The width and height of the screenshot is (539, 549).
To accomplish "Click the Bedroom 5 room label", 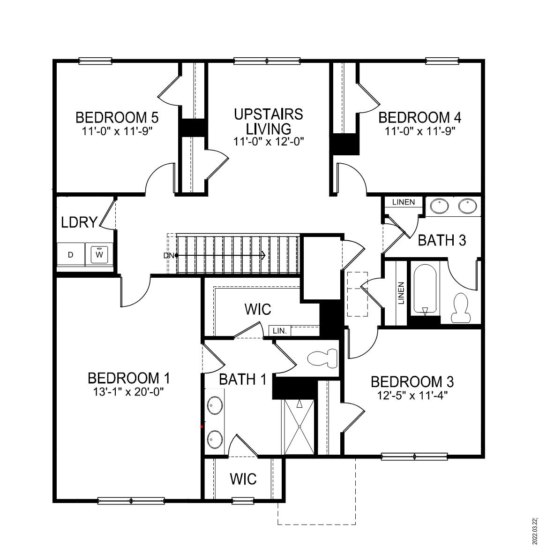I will (117, 117).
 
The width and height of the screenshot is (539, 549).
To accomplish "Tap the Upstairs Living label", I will (269, 121).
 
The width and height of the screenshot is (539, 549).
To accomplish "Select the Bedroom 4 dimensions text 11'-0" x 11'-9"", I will (420, 131).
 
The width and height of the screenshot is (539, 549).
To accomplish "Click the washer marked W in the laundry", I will (99, 255).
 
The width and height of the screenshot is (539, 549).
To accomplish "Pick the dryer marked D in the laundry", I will (71, 255).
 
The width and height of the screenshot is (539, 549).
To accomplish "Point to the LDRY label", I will (79, 222).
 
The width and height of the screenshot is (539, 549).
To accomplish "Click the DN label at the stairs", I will (169, 255).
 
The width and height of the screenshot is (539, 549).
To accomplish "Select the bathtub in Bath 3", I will (425, 290).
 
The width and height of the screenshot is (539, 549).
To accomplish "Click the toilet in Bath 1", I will (324, 358).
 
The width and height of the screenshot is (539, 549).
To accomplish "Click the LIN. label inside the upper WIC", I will (280, 331).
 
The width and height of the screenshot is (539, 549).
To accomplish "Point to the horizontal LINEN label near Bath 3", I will (404, 202).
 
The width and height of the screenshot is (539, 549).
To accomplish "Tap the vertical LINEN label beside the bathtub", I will (401, 293).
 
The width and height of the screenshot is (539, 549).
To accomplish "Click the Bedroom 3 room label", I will (412, 381).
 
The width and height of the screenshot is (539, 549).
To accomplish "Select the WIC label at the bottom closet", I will (243, 479).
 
